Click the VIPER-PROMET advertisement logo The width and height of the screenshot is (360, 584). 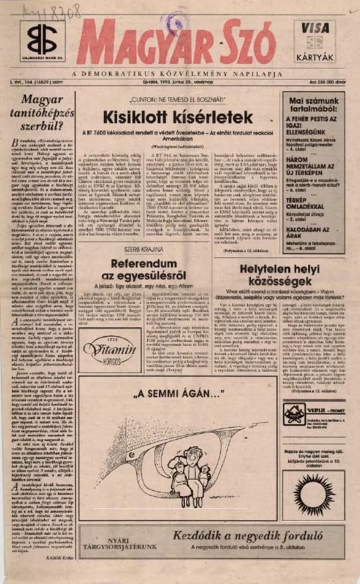[x=294, y=411]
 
